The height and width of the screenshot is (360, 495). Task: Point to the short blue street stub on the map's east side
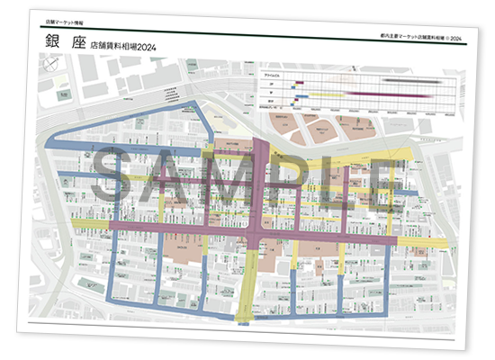pyautogui.click(x=406, y=192)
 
